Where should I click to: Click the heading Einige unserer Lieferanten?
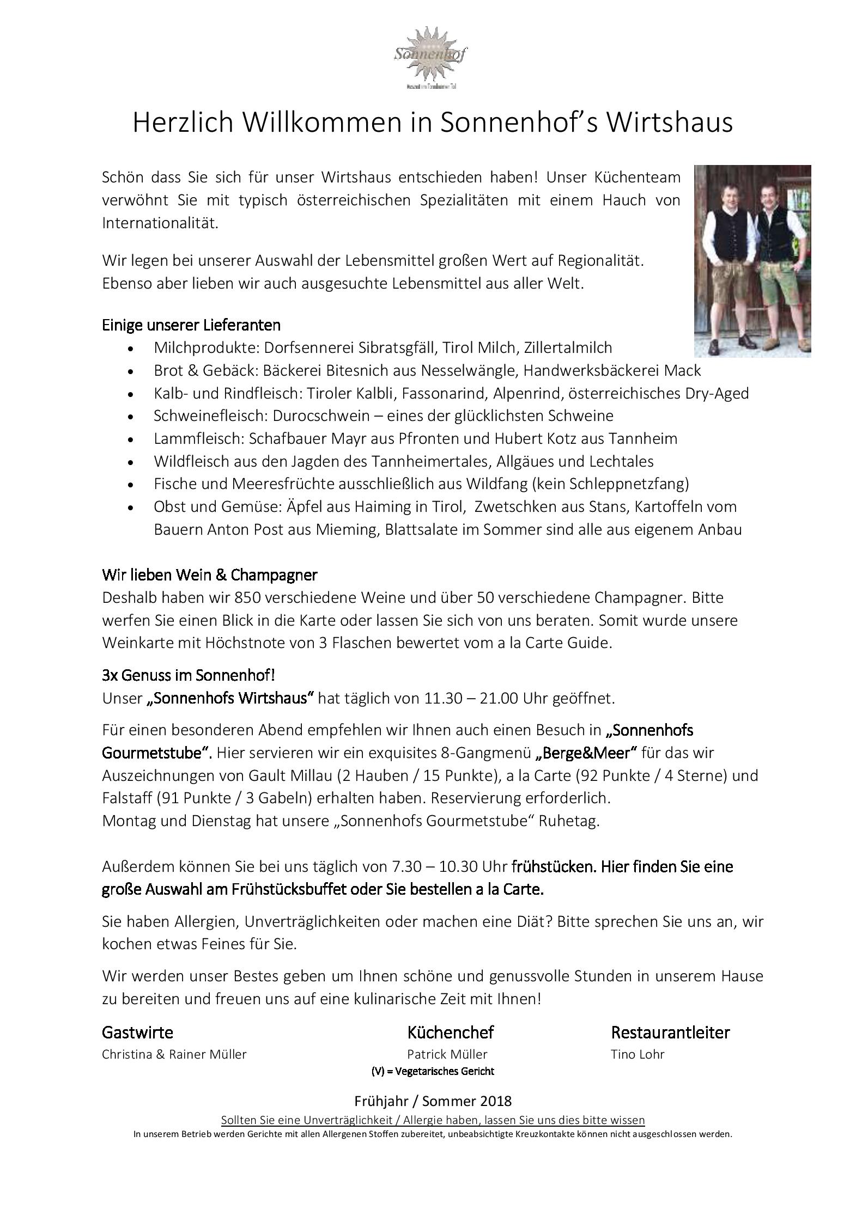click(191, 326)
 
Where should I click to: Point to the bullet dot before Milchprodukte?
click(129, 349)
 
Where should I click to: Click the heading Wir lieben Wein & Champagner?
click(209, 575)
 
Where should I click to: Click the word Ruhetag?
click(569, 821)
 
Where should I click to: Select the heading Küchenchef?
click(450, 1032)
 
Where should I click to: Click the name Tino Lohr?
click(638, 1055)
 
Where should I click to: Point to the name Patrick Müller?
click(447, 1055)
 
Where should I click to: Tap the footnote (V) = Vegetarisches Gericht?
click(433, 1072)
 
